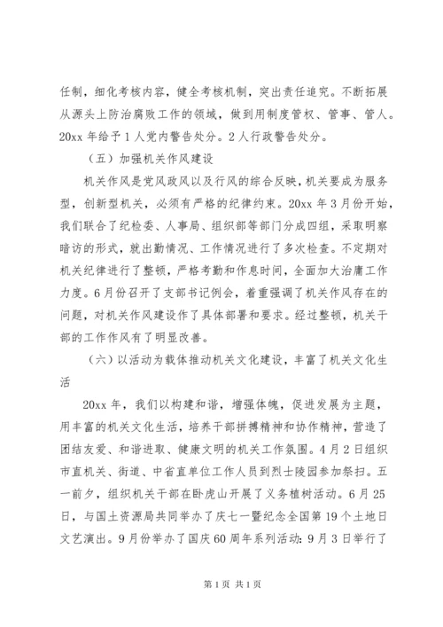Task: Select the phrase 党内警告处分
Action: point(183,137)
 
